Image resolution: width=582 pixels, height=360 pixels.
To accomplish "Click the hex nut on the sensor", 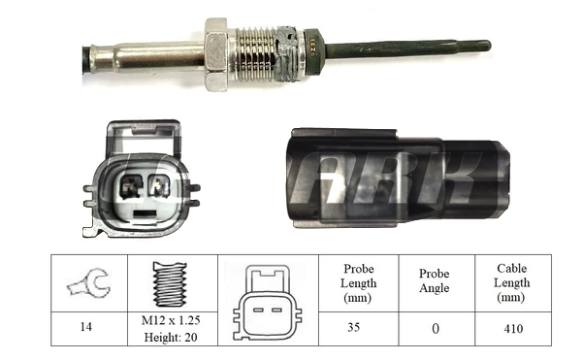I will [216, 52].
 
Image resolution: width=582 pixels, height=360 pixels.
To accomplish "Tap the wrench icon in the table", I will [88, 283].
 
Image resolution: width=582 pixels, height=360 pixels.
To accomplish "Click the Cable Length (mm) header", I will [512, 283].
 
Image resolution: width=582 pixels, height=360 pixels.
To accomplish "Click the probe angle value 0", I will [434, 329].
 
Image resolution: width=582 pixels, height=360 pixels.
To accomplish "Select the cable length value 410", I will [512, 328].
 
